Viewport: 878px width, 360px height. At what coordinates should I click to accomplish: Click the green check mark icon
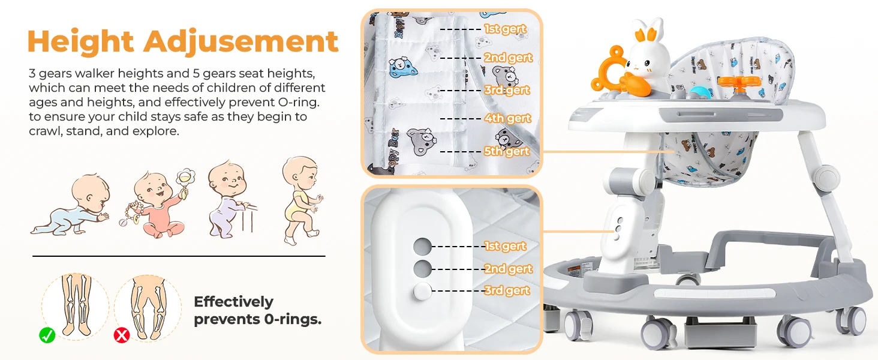pos(47,335)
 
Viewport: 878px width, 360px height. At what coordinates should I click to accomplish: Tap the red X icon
pos(122,335)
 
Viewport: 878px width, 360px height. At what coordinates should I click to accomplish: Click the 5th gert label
pos(507,151)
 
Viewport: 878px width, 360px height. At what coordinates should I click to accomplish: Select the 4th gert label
pos(507,118)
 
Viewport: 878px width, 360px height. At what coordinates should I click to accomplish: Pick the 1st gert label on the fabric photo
pos(505,29)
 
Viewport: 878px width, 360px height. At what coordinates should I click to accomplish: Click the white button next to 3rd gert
pos(422,292)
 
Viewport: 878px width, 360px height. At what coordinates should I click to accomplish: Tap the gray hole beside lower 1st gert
pos(422,247)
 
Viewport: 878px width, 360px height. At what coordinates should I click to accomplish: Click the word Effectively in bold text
pos(234,302)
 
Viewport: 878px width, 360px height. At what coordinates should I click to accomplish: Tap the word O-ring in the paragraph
pos(298,102)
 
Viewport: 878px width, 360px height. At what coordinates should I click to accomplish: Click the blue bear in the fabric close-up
pos(403,67)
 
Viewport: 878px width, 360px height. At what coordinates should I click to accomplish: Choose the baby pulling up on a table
pos(232,200)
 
